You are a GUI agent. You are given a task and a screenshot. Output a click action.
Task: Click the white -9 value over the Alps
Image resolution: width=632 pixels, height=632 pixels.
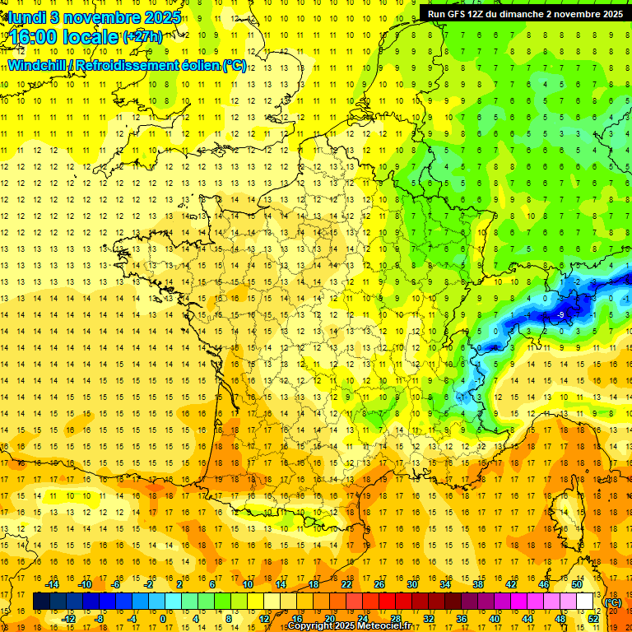click(x=560, y=314)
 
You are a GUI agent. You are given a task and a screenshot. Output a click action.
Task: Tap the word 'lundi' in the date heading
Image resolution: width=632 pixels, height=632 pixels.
click(x=26, y=17)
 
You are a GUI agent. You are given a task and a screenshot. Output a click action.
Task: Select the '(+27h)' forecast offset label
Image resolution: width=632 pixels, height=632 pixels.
click(x=142, y=36)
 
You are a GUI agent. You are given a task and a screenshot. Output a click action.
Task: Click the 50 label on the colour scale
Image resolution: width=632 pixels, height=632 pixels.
click(x=577, y=584)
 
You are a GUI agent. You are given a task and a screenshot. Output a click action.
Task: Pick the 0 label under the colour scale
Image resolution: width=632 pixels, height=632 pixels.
click(x=162, y=619)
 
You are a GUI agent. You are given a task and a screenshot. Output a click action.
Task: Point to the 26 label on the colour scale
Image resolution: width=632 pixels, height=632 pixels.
click(x=379, y=584)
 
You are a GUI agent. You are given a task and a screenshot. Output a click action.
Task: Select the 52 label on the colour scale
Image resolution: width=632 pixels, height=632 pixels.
click(x=593, y=619)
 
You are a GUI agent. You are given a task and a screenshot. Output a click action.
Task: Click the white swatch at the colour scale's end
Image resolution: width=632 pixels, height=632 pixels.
click(x=585, y=602)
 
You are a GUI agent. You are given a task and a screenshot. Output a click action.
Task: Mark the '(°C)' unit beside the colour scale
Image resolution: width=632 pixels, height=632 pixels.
click(x=612, y=602)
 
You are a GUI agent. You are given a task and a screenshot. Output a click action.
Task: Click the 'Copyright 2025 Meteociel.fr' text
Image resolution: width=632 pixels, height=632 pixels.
click(x=349, y=626)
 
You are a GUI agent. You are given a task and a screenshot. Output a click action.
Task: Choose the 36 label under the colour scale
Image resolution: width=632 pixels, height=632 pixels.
click(x=462, y=619)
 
